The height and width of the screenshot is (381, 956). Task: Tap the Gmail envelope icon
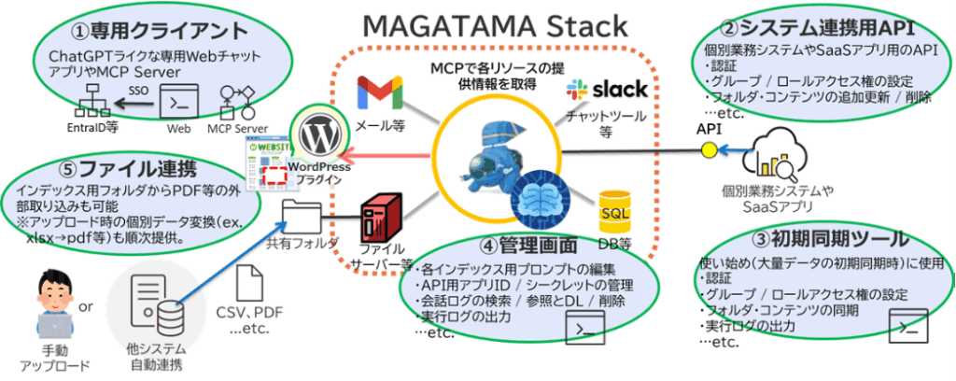380,94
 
